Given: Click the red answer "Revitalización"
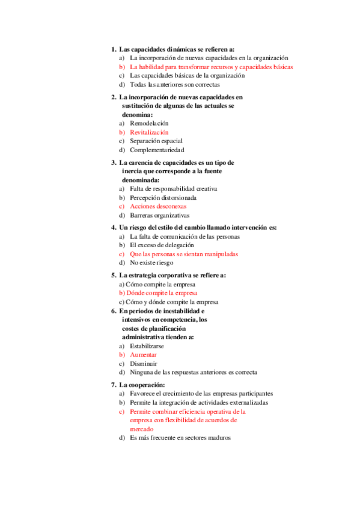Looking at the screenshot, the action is [x=149, y=132].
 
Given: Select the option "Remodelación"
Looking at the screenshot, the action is [x=149, y=123].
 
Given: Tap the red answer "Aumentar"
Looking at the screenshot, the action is [x=143, y=355].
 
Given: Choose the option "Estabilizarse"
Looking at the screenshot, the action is [x=147, y=346].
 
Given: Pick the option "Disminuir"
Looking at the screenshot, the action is [x=144, y=364].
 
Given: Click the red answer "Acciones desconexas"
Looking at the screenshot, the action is [x=158, y=206].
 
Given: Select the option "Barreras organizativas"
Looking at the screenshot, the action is [x=159, y=215].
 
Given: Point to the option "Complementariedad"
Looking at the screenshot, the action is [x=157, y=150].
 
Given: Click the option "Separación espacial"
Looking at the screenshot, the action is [x=156, y=141].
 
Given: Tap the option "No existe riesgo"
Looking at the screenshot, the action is [x=151, y=263].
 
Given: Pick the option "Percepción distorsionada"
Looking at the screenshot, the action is [x=163, y=197].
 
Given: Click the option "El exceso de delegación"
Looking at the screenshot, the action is [x=162, y=245].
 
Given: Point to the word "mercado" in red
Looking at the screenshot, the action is [x=142, y=429].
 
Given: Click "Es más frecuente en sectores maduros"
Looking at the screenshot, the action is [x=180, y=438].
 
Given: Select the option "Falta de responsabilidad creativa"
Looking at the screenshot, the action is [x=173, y=188].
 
